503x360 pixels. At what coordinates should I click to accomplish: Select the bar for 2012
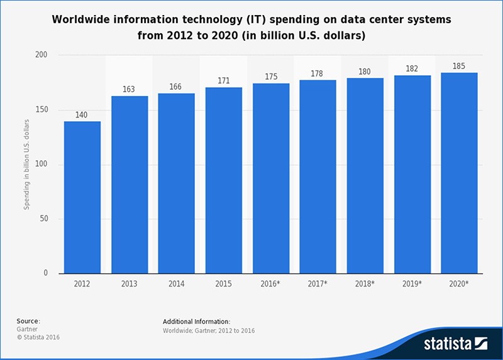pyautogui.click(x=82, y=197)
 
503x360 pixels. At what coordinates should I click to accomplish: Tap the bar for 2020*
pyautogui.click(x=459, y=173)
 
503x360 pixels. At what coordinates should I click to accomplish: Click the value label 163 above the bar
pyautogui.click(x=128, y=89)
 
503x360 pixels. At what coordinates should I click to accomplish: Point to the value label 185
pyautogui.click(x=459, y=65)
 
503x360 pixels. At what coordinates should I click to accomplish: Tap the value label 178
pyautogui.click(x=318, y=74)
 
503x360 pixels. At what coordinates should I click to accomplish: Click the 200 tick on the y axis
pyautogui.click(x=46, y=56)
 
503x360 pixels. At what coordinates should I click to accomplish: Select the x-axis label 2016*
pyautogui.click(x=270, y=284)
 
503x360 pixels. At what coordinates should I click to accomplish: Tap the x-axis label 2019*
pyautogui.click(x=412, y=284)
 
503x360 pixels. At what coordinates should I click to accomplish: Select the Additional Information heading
pyautogui.click(x=196, y=321)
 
